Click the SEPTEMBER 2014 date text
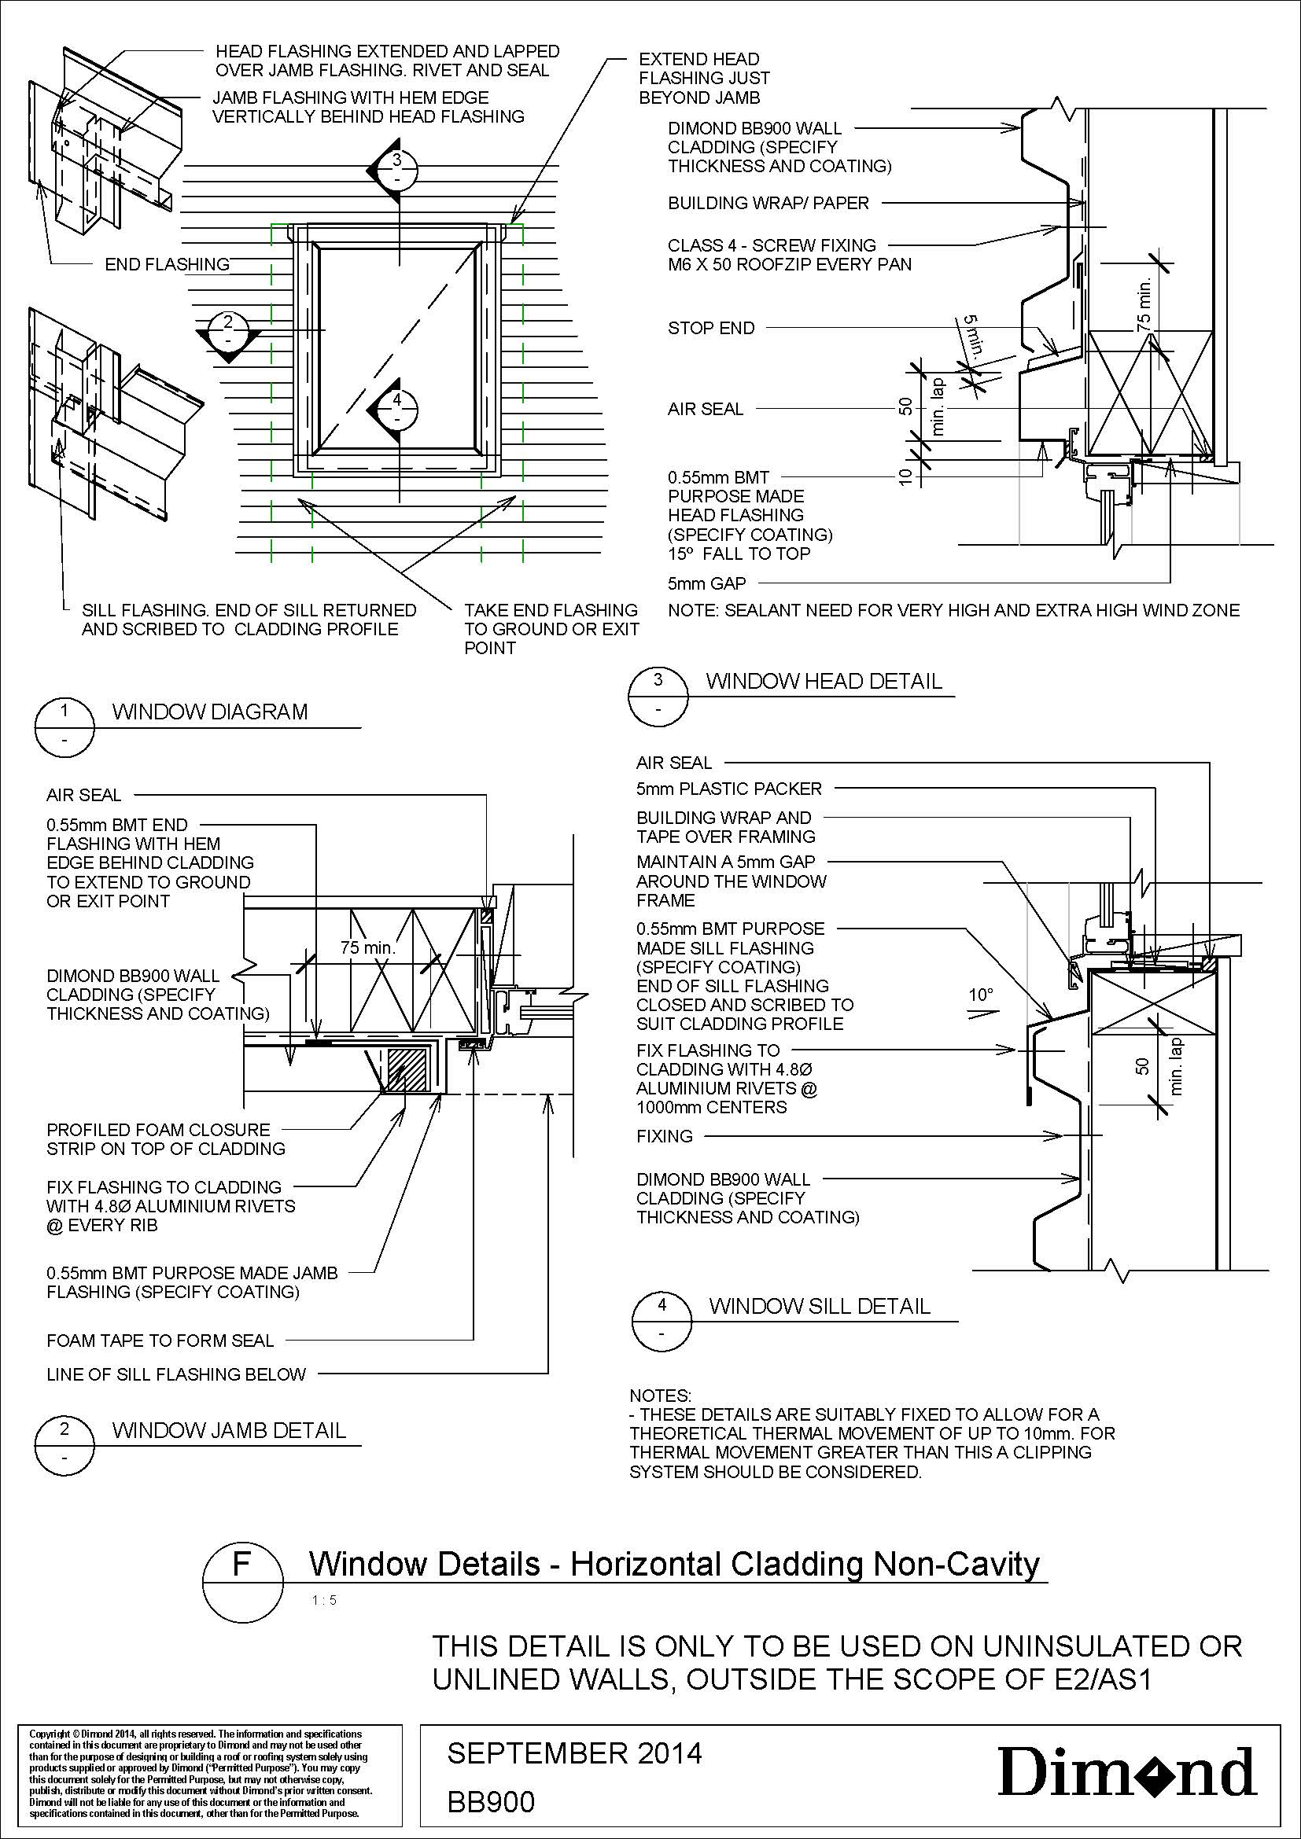[x=574, y=1753]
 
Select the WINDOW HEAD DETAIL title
[x=824, y=682]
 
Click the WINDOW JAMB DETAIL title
[x=229, y=1430]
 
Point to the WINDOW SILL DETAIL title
[x=820, y=1307]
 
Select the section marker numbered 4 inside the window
[x=396, y=409]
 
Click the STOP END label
[x=711, y=328]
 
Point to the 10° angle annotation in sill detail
[x=981, y=995]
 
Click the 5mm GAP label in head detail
[x=706, y=584]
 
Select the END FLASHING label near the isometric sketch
[x=168, y=264]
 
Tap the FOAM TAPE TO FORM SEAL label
[x=160, y=1341]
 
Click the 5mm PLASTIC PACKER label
[x=729, y=789]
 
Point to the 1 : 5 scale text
[x=323, y=1601]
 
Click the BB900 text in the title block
[x=490, y=1802]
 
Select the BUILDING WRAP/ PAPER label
[x=768, y=204]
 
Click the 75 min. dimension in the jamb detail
[x=367, y=948]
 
